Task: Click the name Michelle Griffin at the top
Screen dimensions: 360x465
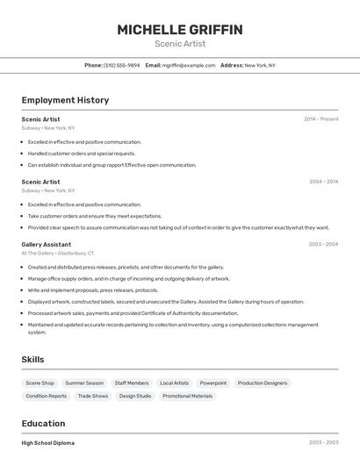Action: click(180, 30)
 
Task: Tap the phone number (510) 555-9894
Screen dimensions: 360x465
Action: click(121, 65)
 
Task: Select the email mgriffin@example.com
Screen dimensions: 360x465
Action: click(187, 65)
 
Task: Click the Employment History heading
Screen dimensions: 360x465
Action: click(65, 100)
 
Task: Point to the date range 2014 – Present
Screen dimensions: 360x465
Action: click(320, 118)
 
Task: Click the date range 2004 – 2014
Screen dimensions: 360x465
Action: click(323, 182)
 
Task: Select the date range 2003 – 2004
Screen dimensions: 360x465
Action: click(323, 244)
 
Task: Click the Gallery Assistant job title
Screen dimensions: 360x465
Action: click(47, 244)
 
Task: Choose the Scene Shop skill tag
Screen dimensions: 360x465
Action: click(40, 383)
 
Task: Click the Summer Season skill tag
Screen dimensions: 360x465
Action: click(84, 383)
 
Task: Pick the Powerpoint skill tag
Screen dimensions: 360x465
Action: click(212, 383)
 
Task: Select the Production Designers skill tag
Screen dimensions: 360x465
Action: click(262, 383)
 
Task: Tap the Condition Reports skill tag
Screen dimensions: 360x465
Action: click(46, 396)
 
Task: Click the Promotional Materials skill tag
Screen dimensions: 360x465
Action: click(187, 396)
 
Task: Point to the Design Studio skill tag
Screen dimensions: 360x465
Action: click(134, 396)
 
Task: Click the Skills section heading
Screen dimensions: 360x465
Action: click(32, 360)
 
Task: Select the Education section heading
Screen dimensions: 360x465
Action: click(43, 423)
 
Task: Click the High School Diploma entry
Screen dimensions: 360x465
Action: click(48, 443)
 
